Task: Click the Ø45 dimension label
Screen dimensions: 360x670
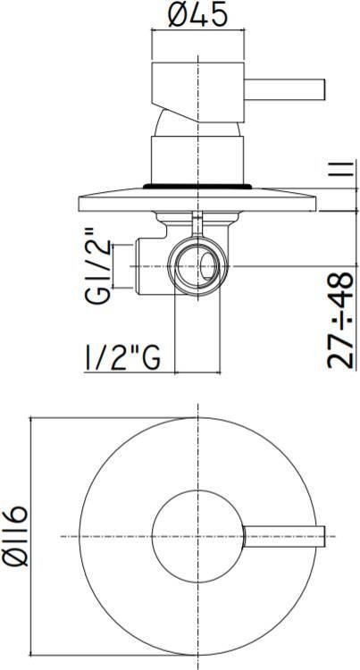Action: (197, 17)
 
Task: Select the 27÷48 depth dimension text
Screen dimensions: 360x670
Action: (340, 320)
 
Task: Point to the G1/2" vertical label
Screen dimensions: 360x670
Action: (98, 266)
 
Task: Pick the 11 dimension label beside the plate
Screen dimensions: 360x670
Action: (346, 168)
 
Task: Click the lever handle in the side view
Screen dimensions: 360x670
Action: (284, 89)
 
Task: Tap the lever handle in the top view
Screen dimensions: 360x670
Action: (284, 536)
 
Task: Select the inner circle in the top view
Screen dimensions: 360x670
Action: (152, 536)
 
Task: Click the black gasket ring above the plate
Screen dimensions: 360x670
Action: (197, 187)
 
